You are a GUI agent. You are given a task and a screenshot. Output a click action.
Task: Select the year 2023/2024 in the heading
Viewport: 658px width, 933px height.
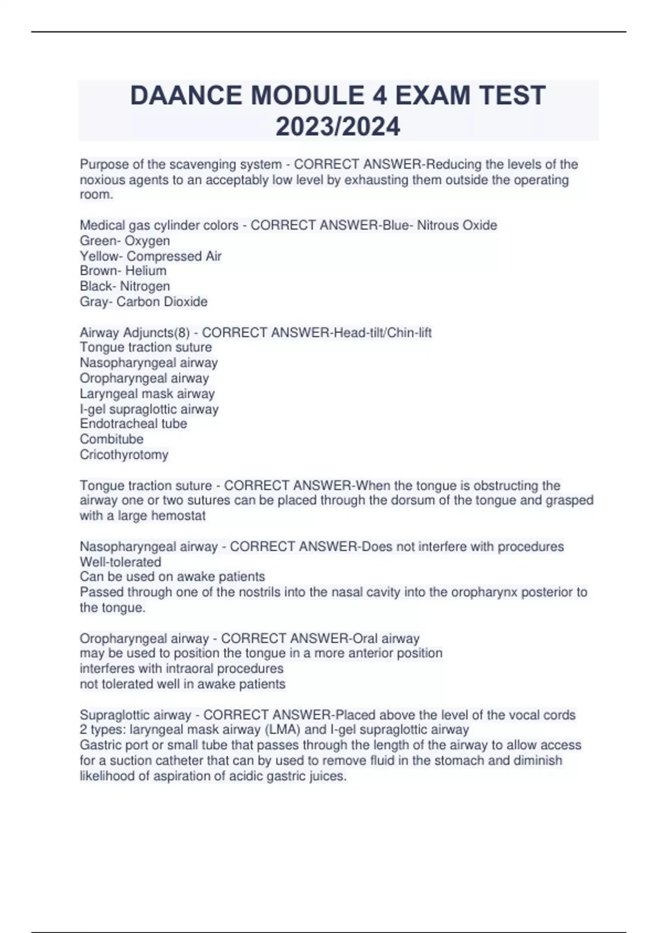[338, 127]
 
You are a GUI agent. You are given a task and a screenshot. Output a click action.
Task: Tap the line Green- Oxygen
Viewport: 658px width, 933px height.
[125, 240]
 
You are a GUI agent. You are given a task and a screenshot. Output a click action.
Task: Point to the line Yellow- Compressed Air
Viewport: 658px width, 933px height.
[151, 256]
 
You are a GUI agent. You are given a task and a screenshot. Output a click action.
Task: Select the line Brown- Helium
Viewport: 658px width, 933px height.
[123, 271]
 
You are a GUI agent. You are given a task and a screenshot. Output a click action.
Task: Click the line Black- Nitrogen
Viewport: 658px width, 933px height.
[125, 286]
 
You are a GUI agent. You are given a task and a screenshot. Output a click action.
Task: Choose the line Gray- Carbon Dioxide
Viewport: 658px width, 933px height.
[144, 301]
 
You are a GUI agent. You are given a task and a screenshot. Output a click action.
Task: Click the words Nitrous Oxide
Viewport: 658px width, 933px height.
[457, 225]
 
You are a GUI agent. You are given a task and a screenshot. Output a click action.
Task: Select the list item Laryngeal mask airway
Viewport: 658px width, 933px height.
[147, 394]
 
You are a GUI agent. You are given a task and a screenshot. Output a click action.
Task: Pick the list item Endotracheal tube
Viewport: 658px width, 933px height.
[133, 424]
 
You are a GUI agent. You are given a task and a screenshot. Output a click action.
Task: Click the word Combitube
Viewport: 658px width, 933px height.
[111, 439]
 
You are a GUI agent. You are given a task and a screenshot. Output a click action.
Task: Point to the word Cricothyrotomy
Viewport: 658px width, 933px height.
[124, 454]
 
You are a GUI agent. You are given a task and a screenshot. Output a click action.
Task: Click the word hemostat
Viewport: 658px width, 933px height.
[178, 516]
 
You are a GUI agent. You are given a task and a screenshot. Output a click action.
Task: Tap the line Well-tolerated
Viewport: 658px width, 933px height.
[121, 562]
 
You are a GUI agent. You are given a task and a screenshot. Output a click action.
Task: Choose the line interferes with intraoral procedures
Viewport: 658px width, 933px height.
[181, 668]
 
